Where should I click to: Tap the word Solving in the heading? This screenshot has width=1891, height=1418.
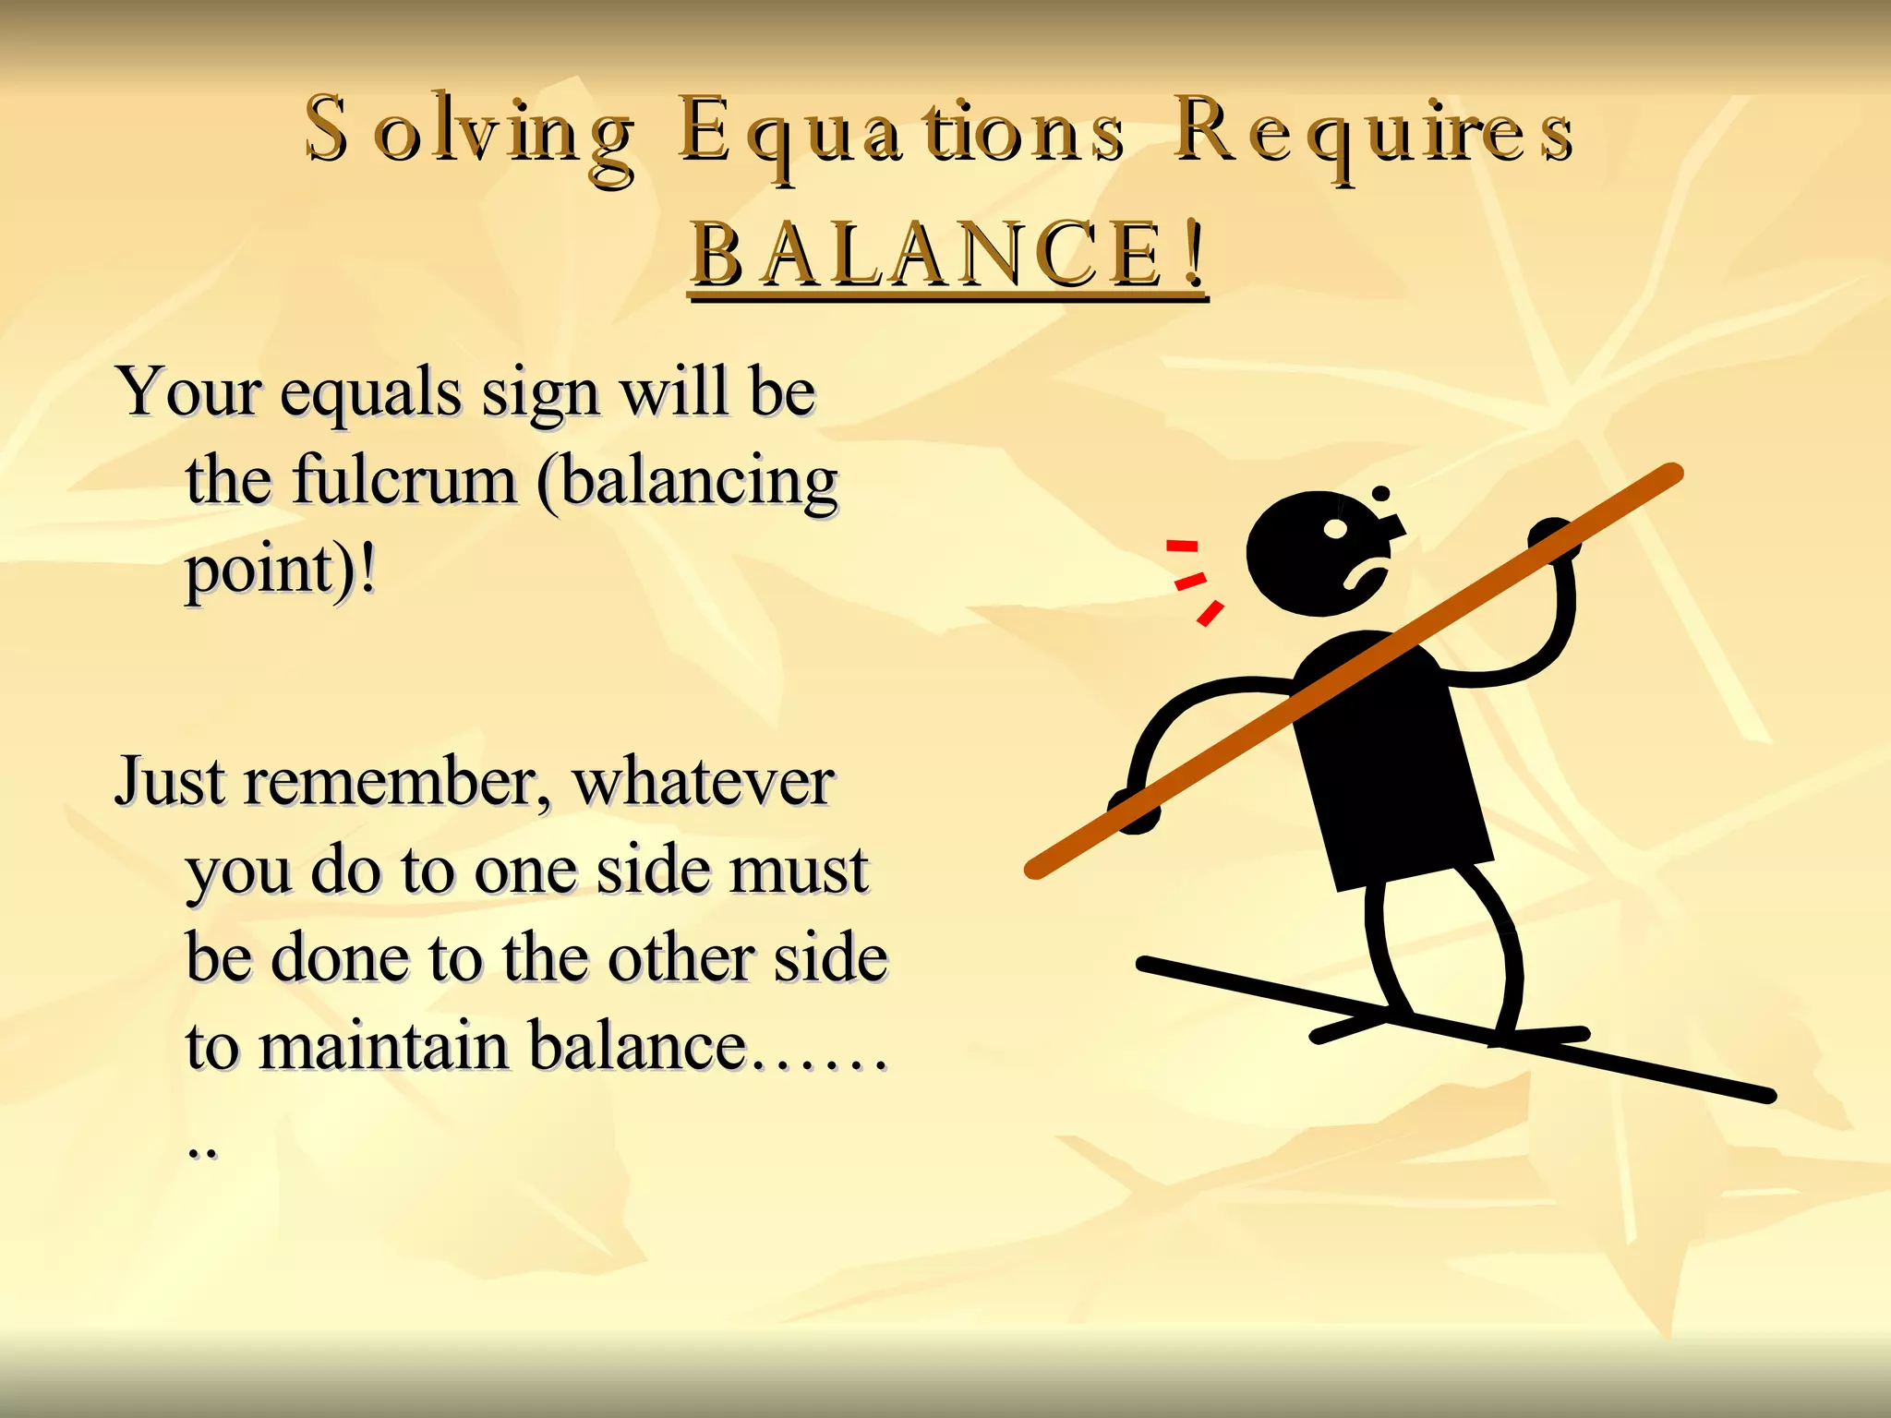[470, 134]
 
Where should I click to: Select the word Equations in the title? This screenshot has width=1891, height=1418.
[901, 134]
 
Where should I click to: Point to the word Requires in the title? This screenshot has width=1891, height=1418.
[1374, 134]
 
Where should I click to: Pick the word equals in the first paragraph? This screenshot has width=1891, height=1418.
[369, 394]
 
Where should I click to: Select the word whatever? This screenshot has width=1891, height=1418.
[704, 783]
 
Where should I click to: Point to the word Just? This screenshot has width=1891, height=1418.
[170, 783]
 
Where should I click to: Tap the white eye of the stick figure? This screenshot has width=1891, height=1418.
[1336, 529]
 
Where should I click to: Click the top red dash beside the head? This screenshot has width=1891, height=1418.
[1181, 546]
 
